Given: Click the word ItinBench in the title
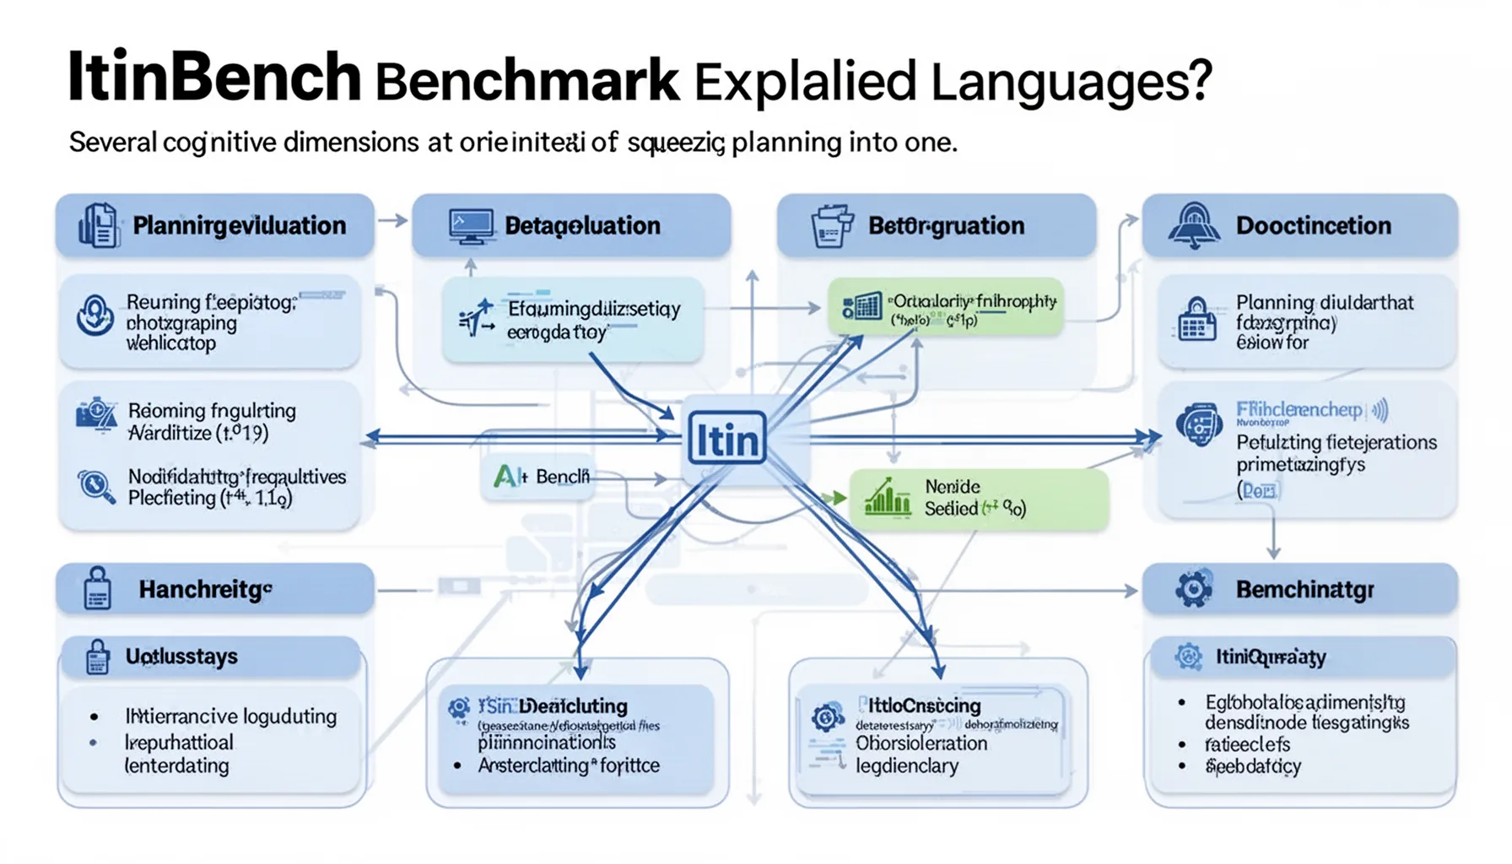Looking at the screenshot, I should (x=214, y=78).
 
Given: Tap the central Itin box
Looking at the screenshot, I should (x=726, y=439).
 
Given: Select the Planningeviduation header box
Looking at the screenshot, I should (x=214, y=225).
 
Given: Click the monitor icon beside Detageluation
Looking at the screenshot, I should (x=471, y=226).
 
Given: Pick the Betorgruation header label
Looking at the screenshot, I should (x=946, y=226).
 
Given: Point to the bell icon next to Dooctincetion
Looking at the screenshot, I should (x=1194, y=225).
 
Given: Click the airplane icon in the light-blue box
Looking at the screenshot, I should (x=478, y=320).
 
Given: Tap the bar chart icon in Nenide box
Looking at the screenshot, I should (x=887, y=498).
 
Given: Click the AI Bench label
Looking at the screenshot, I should (x=541, y=477).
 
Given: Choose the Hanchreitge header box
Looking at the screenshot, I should (x=214, y=589).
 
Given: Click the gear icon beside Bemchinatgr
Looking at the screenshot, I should (x=1193, y=589).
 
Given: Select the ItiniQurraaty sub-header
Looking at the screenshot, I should (x=1270, y=656).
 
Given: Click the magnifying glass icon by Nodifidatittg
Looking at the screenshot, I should (x=95, y=487).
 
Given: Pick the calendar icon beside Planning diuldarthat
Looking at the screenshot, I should (x=1196, y=321).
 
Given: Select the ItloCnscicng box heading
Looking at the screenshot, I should (x=925, y=705).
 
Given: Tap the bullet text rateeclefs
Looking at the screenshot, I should (x=1247, y=744).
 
